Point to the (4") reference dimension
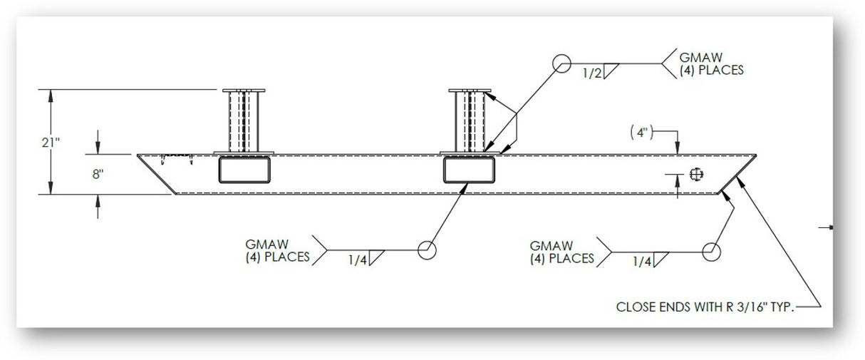tap(641, 132)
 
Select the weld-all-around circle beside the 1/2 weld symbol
tap(561, 64)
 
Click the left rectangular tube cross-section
tap(245, 171)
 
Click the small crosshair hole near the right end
tap(696, 174)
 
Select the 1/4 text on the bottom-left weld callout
tap(358, 260)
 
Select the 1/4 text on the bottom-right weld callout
tap(642, 262)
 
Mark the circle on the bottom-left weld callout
tap(426, 251)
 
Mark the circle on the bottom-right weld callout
tap(710, 251)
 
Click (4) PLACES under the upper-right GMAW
tap(712, 71)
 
